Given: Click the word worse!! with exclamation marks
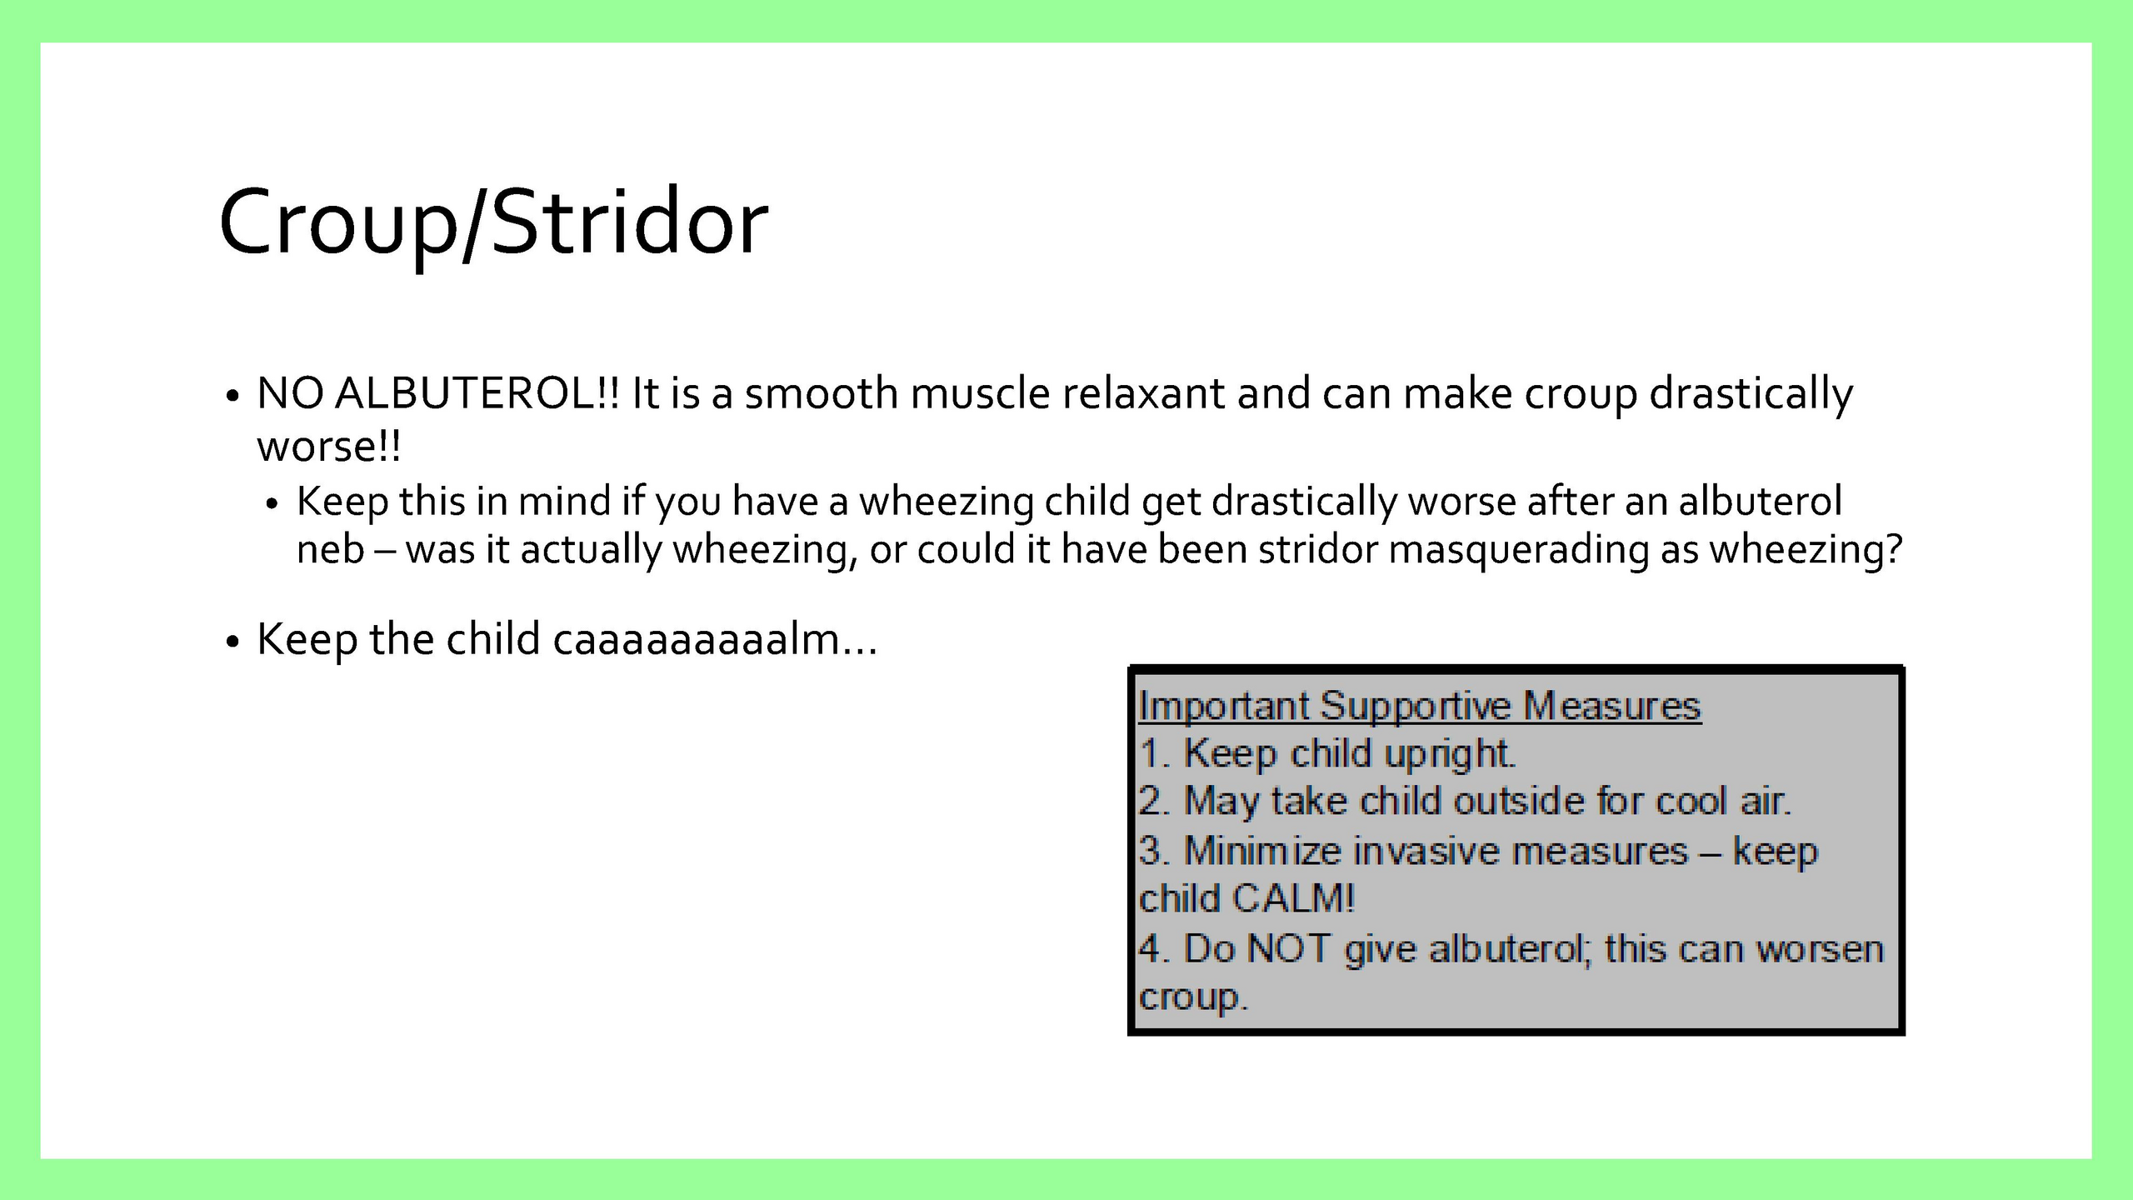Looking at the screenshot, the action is tap(329, 447).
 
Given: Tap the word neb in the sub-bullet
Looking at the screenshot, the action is tap(331, 550).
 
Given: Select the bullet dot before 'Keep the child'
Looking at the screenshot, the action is tap(232, 642).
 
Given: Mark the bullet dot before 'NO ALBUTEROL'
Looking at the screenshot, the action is tap(232, 396).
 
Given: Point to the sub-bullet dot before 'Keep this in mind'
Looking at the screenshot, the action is tap(272, 504).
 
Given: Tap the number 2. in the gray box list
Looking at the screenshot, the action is tap(1155, 802).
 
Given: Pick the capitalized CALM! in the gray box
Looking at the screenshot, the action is tap(1294, 899).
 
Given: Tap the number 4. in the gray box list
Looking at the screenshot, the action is tap(1155, 949).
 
